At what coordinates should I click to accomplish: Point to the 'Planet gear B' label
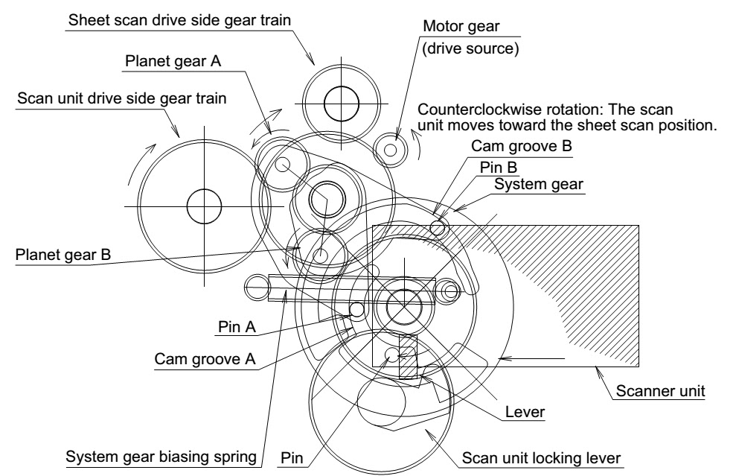click(63, 255)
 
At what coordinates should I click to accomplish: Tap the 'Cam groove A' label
click(205, 359)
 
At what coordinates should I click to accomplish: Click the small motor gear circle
click(390, 150)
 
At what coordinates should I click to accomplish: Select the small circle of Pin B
click(438, 228)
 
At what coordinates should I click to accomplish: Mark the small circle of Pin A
click(357, 308)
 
